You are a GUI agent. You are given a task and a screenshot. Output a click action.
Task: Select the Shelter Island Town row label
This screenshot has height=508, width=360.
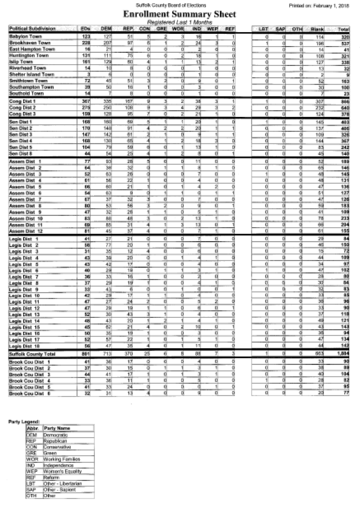tap(31, 74)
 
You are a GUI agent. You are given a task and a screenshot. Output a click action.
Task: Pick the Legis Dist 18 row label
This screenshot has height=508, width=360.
tap(25, 345)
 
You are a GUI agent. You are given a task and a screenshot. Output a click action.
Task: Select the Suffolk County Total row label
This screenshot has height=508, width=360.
tap(32, 354)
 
